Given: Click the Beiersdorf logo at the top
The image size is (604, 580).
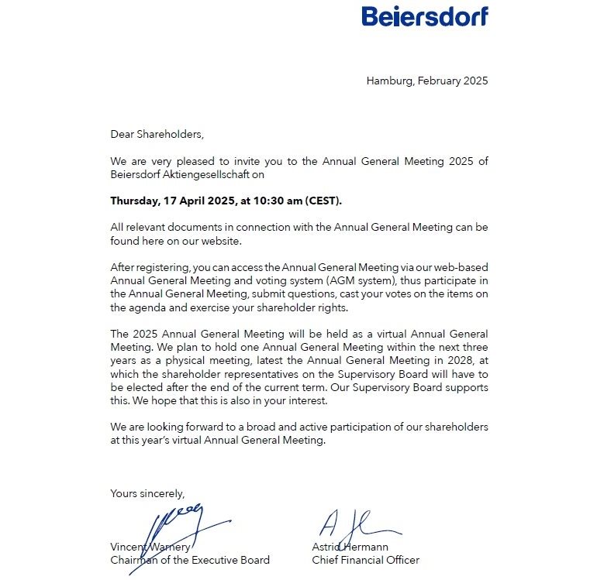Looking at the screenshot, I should pos(425,15).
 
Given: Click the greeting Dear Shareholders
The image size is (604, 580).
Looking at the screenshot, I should pos(157,134).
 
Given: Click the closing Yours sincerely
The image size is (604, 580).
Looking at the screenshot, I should pos(147,492).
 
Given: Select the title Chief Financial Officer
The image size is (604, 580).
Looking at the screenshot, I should pos(365,560).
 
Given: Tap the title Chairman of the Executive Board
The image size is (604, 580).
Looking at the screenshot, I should pos(190,560).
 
